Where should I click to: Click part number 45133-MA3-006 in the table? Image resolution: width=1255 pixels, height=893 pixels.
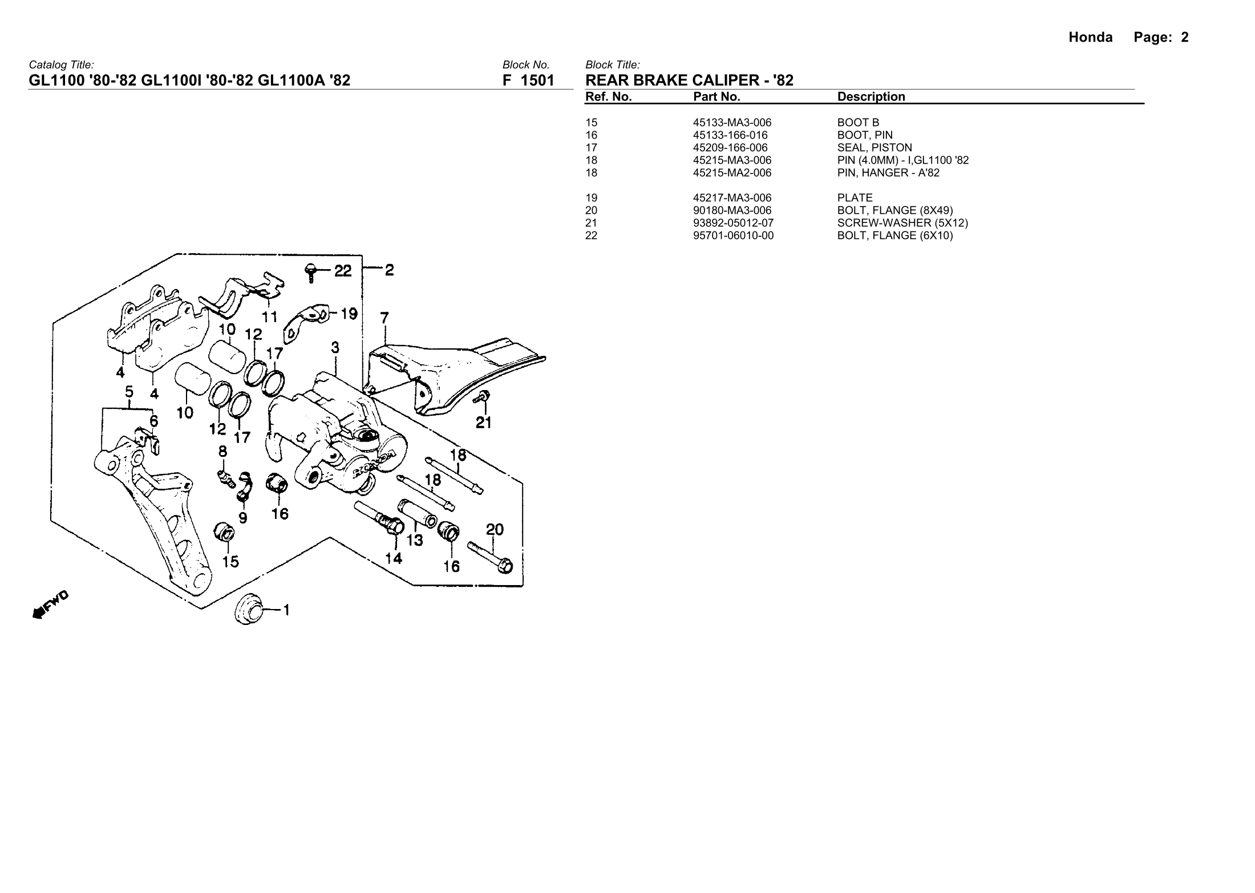point(732,123)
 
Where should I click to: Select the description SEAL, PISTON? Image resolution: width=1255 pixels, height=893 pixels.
point(875,148)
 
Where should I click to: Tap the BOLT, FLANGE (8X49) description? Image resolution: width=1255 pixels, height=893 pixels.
point(894,210)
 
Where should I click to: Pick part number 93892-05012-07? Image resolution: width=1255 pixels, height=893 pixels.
point(733,223)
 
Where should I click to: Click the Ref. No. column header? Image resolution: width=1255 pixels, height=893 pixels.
point(608,97)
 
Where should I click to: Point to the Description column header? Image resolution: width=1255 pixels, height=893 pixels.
point(871,97)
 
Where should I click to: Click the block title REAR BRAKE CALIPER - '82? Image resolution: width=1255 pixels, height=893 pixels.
point(689,80)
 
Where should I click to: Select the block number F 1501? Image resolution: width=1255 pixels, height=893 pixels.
point(528,80)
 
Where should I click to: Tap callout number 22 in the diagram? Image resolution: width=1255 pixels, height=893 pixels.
point(343,271)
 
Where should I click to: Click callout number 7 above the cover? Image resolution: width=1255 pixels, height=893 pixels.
point(384,318)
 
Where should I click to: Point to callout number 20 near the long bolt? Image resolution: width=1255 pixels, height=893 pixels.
point(495,529)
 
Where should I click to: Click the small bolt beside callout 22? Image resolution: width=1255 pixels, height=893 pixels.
point(311,271)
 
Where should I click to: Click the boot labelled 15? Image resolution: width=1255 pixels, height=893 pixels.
point(224,532)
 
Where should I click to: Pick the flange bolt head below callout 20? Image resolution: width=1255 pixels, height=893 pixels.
point(505,566)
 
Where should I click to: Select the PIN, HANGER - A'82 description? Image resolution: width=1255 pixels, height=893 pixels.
point(888,173)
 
